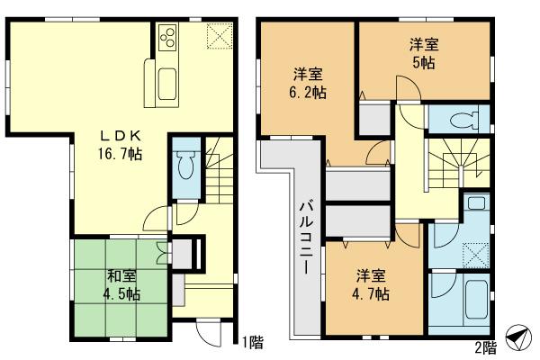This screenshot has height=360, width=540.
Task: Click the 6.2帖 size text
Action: (x=308, y=93)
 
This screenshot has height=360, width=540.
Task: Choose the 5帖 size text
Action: (x=425, y=64)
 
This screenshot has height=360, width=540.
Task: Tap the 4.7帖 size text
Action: (x=371, y=293)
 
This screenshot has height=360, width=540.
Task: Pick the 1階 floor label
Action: (x=253, y=341)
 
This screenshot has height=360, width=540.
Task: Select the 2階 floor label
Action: (x=485, y=345)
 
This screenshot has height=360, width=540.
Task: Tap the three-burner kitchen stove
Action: (x=169, y=38)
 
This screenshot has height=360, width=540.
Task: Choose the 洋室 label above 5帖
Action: (x=425, y=44)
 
